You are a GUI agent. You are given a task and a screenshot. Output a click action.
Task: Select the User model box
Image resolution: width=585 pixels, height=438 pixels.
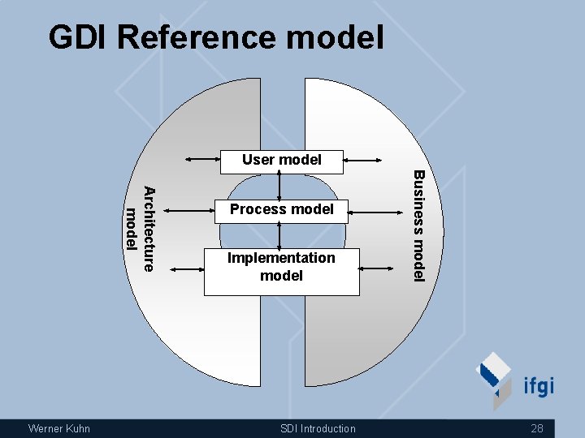point(282,161)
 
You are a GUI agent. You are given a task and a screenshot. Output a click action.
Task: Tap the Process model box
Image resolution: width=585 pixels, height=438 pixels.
point(282,210)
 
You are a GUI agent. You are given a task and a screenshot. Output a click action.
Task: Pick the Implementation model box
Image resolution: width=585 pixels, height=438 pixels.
point(281,268)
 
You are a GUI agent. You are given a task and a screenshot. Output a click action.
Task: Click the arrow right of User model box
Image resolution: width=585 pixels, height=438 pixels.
point(364,160)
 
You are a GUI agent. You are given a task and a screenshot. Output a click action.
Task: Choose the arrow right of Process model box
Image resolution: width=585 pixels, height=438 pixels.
point(375,211)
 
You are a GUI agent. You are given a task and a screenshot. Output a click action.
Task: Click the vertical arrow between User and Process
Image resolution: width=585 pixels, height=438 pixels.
point(280,187)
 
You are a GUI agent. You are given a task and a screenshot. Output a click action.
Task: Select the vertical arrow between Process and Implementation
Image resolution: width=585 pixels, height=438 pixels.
point(280,234)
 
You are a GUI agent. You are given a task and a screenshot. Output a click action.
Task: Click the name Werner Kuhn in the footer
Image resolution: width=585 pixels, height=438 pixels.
point(58,428)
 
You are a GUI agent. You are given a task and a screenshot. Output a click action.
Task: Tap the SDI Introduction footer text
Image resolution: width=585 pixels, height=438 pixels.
point(317,428)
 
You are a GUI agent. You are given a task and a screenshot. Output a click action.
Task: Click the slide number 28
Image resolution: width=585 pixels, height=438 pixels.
point(537,428)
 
